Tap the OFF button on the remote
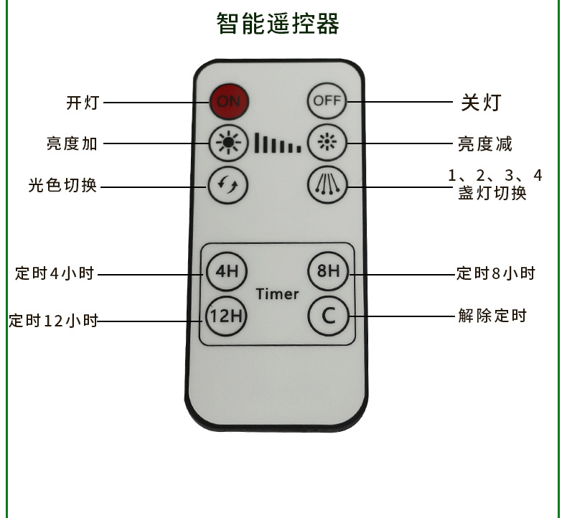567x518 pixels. (327, 101)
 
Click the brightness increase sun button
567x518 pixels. (228, 143)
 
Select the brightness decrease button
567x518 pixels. (327, 143)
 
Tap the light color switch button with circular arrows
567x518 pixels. (228, 185)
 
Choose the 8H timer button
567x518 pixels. (327, 272)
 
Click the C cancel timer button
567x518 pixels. (327, 314)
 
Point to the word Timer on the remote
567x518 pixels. (277, 293)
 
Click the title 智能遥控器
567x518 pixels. (278, 24)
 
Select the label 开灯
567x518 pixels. (82, 103)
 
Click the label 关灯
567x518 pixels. (480, 103)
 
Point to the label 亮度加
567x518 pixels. (72, 143)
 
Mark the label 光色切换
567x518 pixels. (62, 186)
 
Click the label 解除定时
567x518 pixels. (492, 315)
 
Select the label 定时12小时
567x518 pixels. (53, 321)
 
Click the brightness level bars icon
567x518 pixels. (277, 143)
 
